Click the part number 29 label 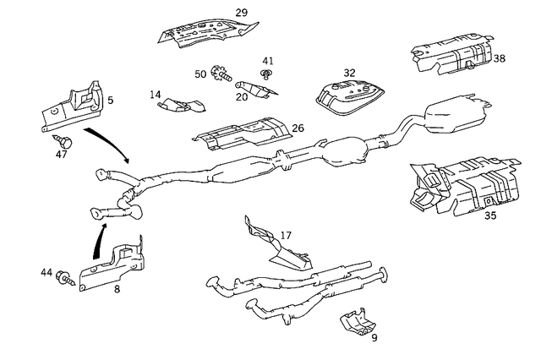(241, 13)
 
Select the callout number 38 (500, 59)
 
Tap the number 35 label (490, 215)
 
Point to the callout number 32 (349, 73)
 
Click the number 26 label (298, 128)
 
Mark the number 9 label (374, 338)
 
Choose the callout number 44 (46, 272)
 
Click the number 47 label (62, 155)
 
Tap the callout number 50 (200, 74)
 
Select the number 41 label (268, 61)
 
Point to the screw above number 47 (64, 138)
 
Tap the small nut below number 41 (266, 75)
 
